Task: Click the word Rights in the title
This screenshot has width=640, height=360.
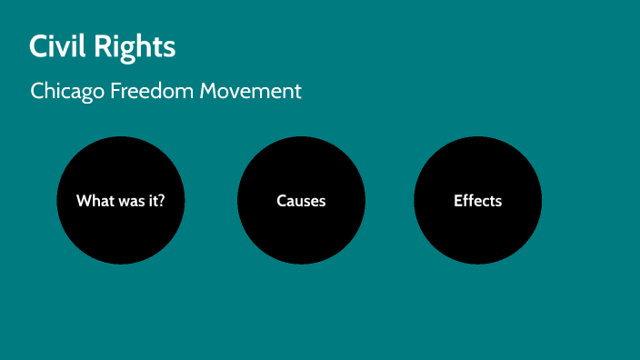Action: pyautogui.click(x=137, y=45)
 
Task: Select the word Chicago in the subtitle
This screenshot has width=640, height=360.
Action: pyautogui.click(x=66, y=91)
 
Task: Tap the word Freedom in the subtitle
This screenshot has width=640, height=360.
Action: pyautogui.click(x=155, y=91)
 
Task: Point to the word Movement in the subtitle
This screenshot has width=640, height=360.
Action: pyautogui.click(x=255, y=91)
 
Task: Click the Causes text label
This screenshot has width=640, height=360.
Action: pyautogui.click(x=301, y=201)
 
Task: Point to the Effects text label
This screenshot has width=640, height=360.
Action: pyautogui.click(x=477, y=201)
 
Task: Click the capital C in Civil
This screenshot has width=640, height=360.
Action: pyautogui.click(x=38, y=45)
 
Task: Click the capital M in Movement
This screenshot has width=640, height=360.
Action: pyautogui.click(x=218, y=91)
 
